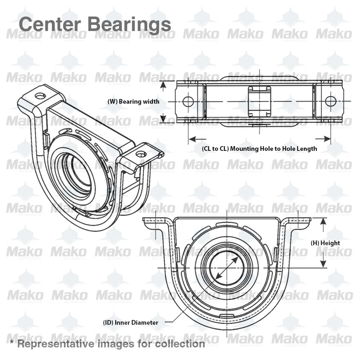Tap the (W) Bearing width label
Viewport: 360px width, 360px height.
tap(133, 101)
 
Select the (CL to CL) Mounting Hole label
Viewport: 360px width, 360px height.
tap(259, 148)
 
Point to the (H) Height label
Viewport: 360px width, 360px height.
tap(325, 243)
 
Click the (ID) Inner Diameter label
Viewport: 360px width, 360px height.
tap(130, 322)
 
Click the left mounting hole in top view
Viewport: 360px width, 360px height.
tap(188, 101)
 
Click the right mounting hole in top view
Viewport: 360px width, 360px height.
tap(330, 101)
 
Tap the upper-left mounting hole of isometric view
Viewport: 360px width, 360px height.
tap(40, 96)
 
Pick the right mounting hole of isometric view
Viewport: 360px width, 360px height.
tap(141, 154)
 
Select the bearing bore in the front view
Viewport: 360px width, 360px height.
tap(226, 268)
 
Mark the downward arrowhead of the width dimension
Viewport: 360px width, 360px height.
tap(163, 119)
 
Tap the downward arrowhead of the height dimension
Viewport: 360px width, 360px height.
tap(322, 265)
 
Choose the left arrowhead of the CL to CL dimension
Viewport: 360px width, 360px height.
tap(192, 139)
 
